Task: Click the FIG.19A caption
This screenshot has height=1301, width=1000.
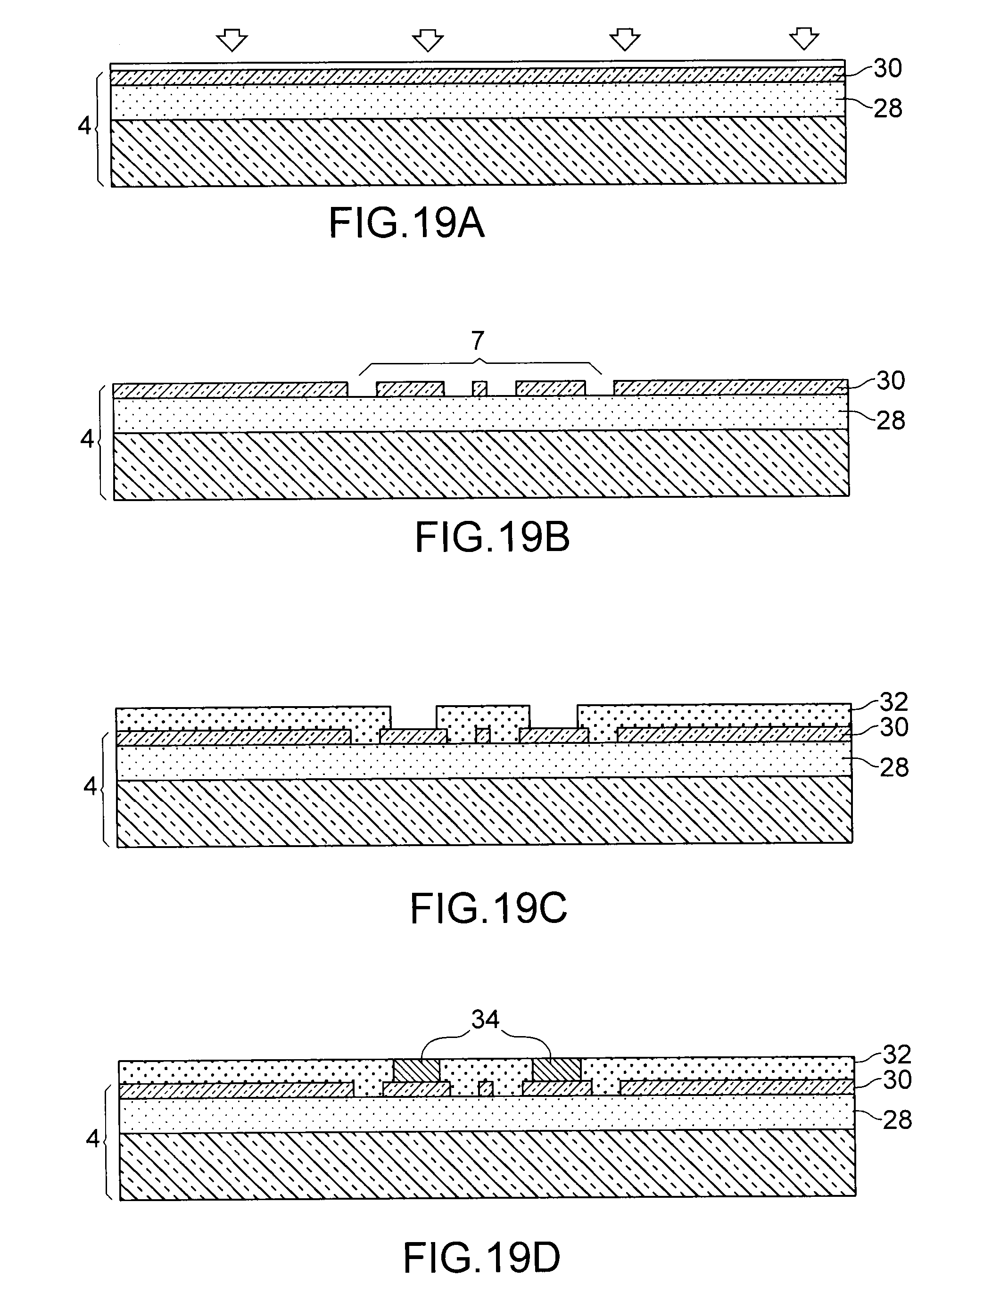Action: (x=406, y=224)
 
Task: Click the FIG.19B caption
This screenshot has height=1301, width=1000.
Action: (x=492, y=537)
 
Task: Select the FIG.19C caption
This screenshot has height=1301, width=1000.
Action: (x=488, y=909)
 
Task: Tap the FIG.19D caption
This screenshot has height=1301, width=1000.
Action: (x=481, y=1258)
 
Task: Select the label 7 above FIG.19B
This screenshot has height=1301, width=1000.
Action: (x=478, y=341)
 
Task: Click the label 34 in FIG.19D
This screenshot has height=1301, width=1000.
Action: (x=485, y=1020)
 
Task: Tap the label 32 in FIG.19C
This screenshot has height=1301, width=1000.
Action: (x=893, y=702)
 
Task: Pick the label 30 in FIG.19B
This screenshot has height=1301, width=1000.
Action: (x=891, y=381)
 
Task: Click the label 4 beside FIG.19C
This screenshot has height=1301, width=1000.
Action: (x=90, y=786)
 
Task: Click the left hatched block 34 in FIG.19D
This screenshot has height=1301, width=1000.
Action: (x=417, y=1070)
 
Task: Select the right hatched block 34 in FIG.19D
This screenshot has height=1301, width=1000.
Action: (x=556, y=1070)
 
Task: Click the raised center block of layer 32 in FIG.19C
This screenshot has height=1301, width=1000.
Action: (x=483, y=718)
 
